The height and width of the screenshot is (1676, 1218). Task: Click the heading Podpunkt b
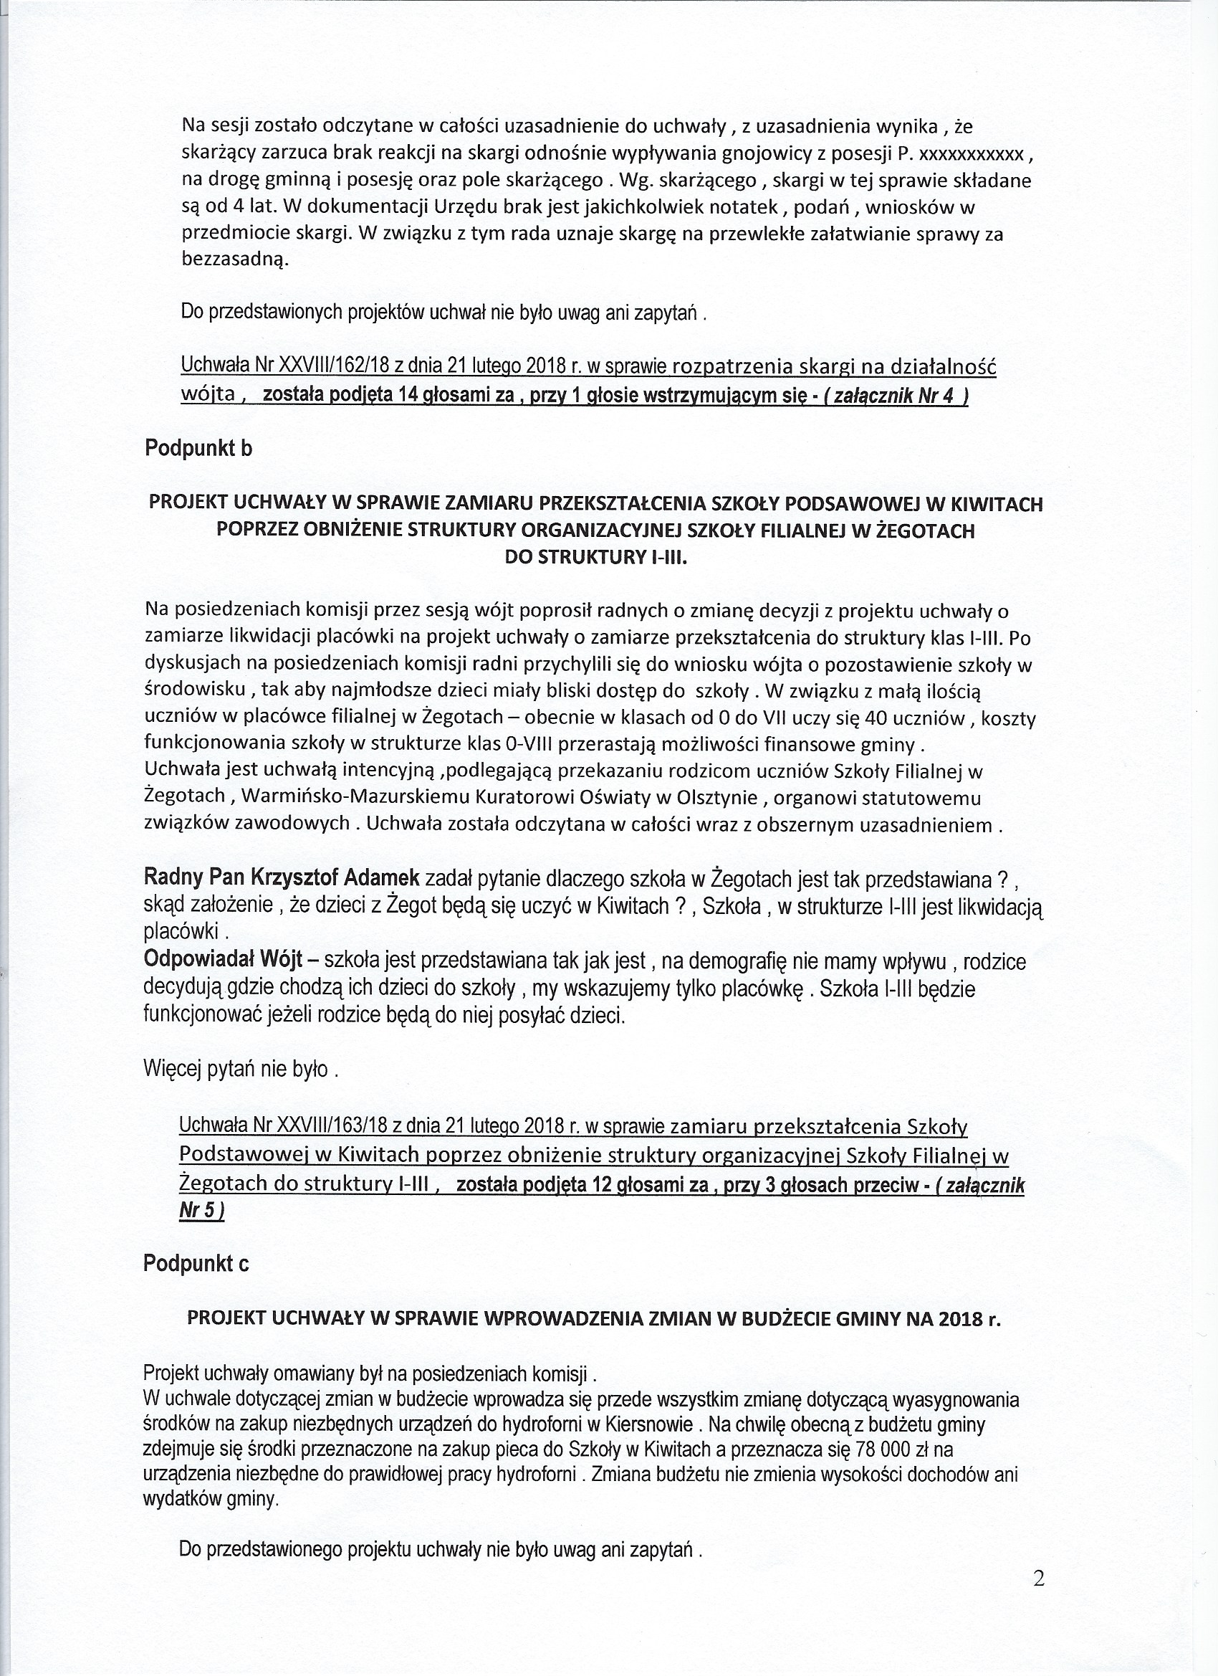coord(198,449)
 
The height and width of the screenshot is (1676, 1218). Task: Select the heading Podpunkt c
coord(196,1264)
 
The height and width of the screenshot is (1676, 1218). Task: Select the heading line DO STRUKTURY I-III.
coord(595,558)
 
